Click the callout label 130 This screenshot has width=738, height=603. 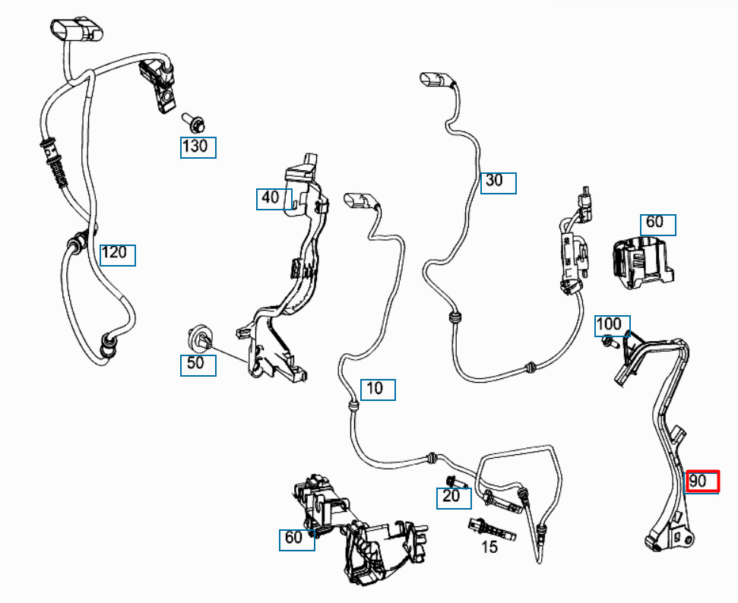198,147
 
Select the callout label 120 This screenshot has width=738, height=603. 117,254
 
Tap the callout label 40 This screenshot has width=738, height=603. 273,199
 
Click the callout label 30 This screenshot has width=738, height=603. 498,182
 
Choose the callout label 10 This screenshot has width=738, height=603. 377,390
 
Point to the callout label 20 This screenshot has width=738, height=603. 453,497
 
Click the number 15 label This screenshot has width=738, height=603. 489,547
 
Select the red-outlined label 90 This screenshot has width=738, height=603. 701,481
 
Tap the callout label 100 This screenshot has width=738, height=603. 612,326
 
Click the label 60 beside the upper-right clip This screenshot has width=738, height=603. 657,224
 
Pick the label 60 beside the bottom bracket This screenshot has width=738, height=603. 296,539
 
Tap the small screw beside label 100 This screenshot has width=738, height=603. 608,343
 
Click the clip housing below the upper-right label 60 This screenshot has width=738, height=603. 640,264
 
